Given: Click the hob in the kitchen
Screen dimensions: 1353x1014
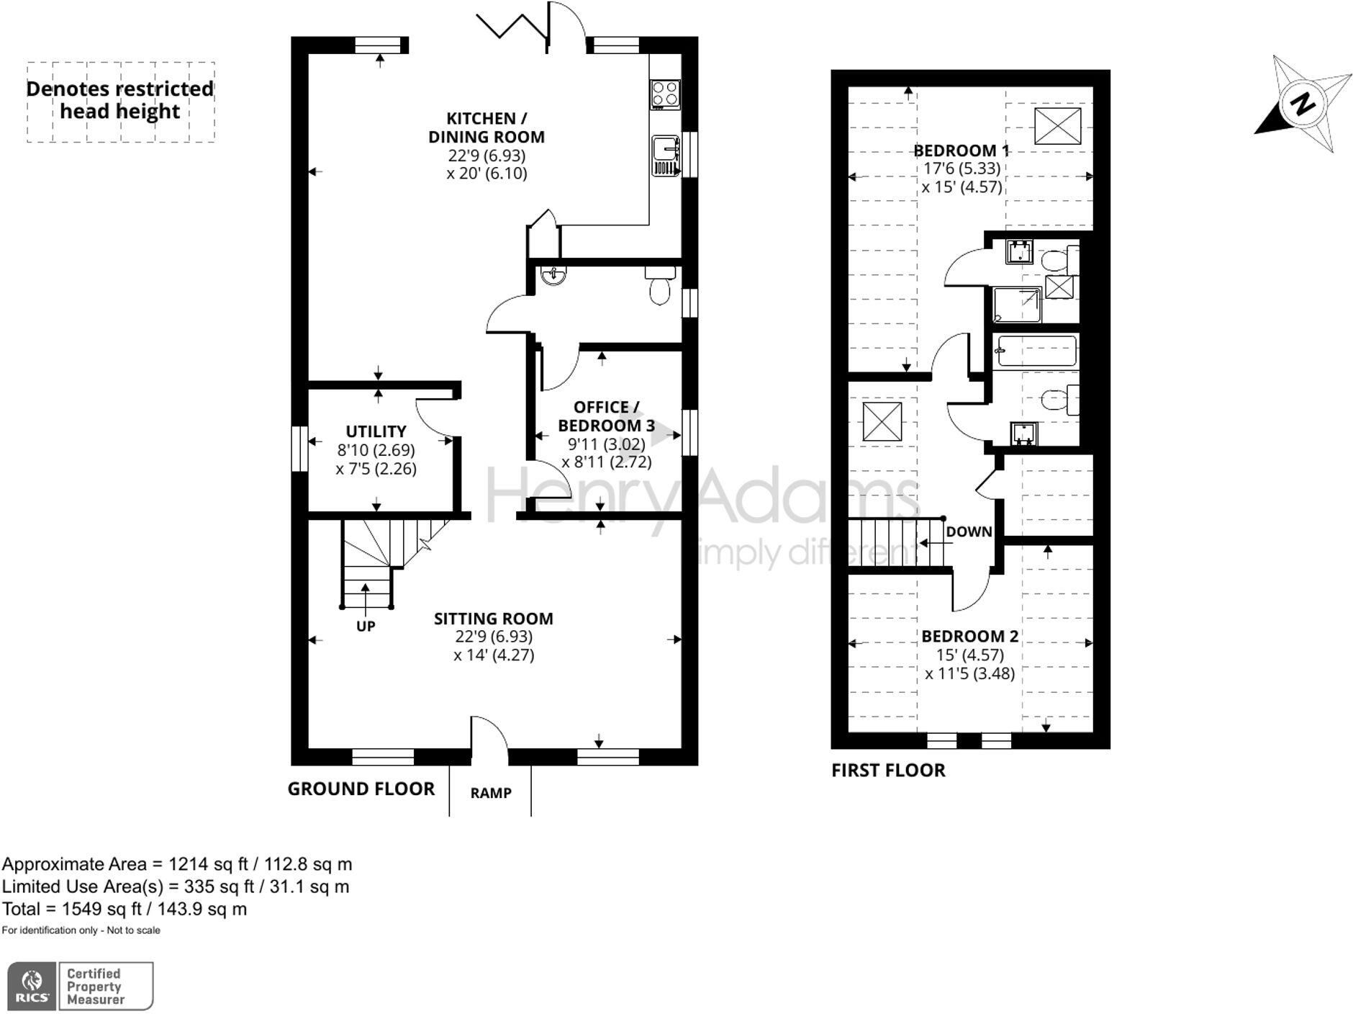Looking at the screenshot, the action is point(665,94).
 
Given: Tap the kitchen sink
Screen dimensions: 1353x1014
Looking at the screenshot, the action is point(666,155).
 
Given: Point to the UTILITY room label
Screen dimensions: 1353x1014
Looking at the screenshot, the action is point(376,431).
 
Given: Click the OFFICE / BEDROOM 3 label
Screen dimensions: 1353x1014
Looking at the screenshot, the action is point(606,416).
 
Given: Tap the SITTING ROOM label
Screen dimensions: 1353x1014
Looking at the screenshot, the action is point(494,619).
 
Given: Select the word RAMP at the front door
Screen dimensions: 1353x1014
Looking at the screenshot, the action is point(491,793).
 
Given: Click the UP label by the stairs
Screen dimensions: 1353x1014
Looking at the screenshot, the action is point(366,627).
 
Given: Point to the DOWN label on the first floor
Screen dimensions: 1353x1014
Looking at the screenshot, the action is point(969,532).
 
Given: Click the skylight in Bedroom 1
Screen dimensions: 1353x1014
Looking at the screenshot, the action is point(1057,126).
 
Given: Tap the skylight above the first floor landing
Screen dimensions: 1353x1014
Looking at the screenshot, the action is point(882,422).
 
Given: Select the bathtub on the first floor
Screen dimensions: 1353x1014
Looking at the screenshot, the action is point(1035,351).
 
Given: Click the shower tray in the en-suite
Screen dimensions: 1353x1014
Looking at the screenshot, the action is point(1017,305).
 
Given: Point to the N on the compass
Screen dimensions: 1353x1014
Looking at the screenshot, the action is point(1302,104).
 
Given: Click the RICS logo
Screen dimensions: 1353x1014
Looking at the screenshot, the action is point(31,985).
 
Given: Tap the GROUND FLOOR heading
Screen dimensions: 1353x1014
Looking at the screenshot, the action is point(361,789).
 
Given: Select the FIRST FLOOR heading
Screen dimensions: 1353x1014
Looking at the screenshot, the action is point(888,770).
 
